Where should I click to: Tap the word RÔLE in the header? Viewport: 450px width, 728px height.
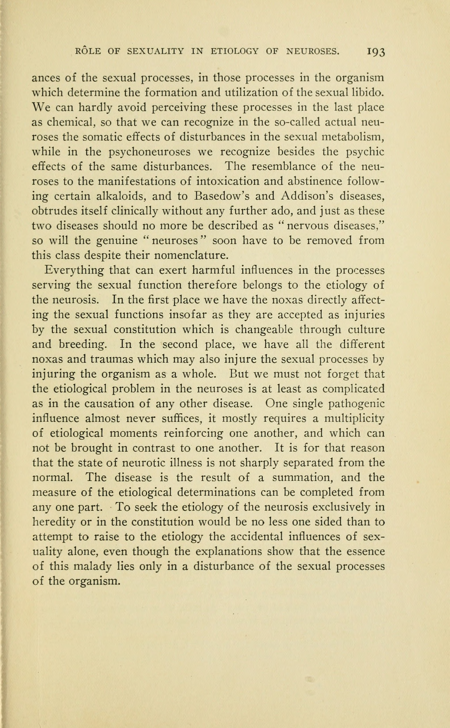point(88,51)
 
